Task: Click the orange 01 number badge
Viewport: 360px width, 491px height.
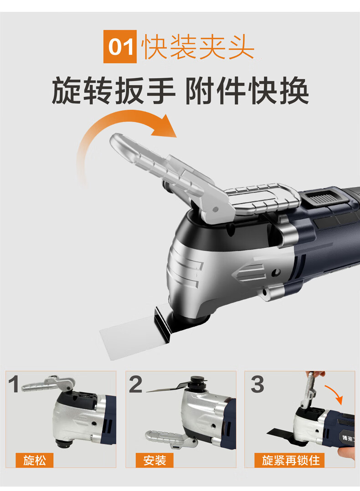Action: coord(120,46)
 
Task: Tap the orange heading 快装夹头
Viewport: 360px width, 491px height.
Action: coord(198,47)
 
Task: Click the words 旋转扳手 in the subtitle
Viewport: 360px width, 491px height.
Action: coord(113,91)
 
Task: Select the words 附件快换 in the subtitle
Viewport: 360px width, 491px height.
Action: coord(247,91)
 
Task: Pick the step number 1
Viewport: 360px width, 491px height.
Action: coord(14,384)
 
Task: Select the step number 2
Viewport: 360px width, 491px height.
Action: coord(135,384)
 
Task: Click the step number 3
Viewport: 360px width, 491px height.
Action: coord(257,384)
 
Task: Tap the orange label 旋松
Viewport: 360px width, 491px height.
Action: coord(35,460)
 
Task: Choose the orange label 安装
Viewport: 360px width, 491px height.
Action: coord(154,460)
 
